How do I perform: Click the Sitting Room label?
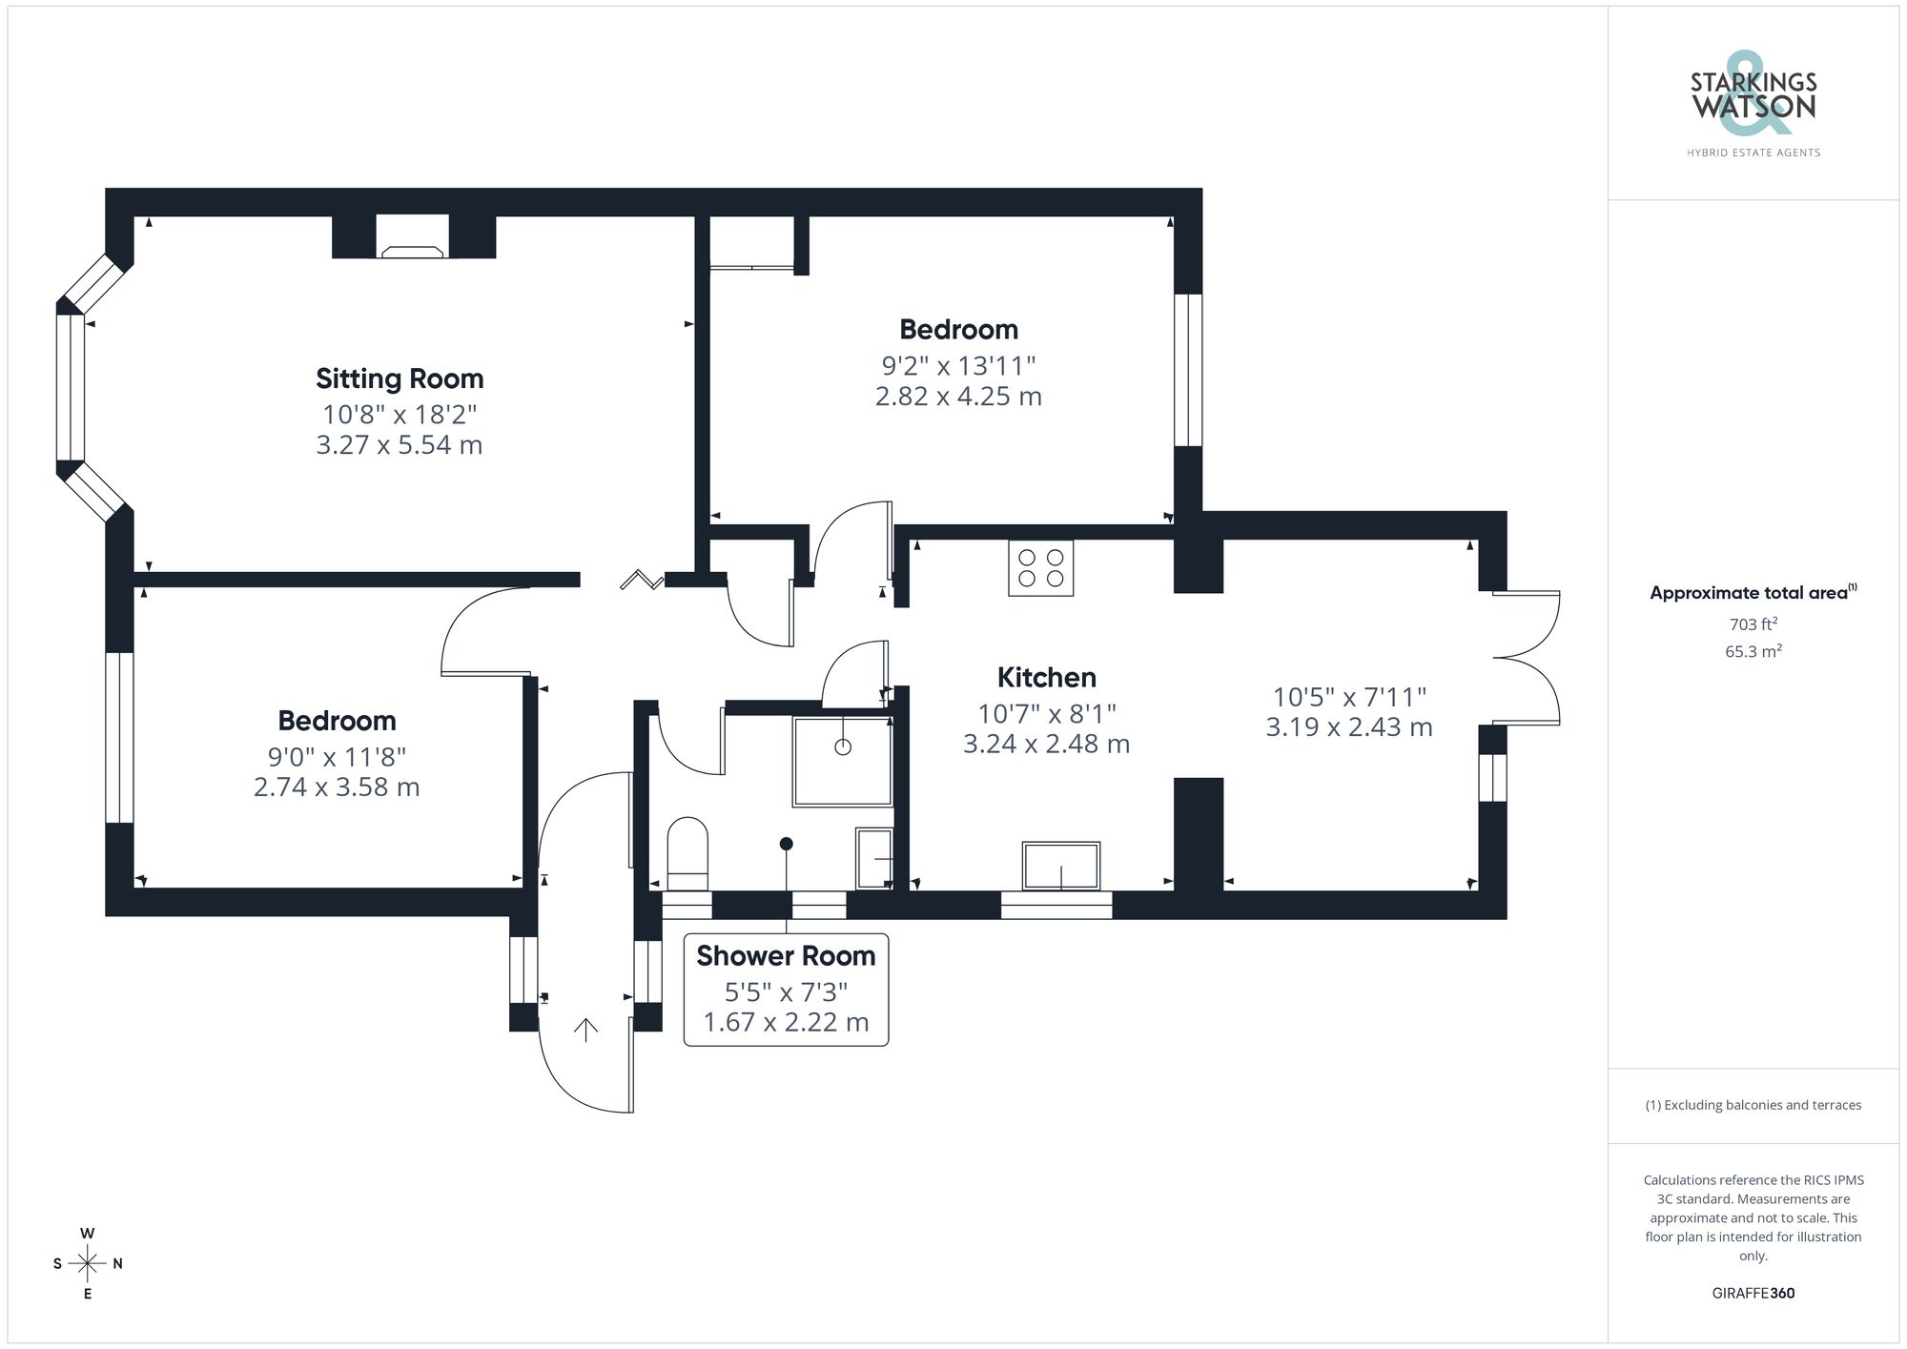pos(400,378)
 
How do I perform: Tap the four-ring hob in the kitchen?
pos(1040,568)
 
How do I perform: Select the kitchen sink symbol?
pos(1060,866)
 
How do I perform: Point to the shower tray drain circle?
pos(843,746)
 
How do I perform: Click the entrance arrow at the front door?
pos(585,1029)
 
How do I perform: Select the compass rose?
pos(87,1264)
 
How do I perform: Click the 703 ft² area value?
pos(1753,624)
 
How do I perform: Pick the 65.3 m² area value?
pos(1753,652)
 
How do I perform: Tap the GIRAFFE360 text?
pos(1753,1293)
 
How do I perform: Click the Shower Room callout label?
pos(786,956)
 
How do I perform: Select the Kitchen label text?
pos(1046,678)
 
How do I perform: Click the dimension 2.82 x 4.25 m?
pos(958,397)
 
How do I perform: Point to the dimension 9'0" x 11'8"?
pos(337,757)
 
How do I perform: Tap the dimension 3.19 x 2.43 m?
pos(1348,727)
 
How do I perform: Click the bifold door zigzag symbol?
pos(642,580)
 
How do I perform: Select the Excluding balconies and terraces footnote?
pos(1753,1105)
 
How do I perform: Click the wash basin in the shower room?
pos(874,858)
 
